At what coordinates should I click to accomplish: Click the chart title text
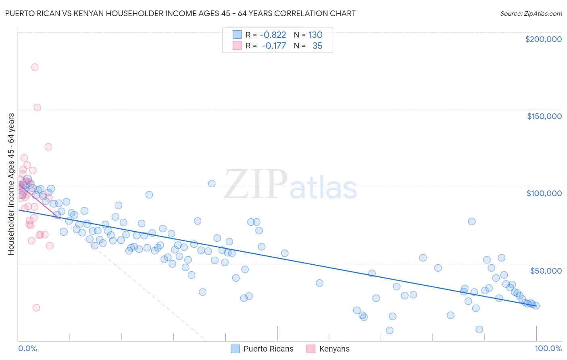(180, 13)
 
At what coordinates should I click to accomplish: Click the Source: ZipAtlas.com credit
(531, 14)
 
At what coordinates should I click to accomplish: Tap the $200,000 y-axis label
(543, 39)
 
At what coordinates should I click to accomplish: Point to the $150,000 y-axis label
(544, 116)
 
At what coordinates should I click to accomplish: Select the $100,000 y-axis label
(544, 193)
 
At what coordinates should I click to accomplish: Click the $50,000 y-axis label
(546, 270)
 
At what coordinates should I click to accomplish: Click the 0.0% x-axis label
(27, 348)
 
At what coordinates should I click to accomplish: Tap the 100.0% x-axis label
(548, 348)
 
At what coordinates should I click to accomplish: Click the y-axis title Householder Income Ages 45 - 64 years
(11, 184)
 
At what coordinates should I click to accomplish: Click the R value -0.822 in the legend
(273, 35)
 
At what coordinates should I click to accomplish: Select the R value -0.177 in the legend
(273, 46)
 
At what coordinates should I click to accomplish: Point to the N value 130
(315, 35)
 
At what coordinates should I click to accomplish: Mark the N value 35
(317, 46)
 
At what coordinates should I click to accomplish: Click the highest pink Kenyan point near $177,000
(35, 67)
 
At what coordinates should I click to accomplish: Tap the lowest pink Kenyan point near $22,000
(36, 308)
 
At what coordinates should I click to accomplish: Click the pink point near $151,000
(37, 107)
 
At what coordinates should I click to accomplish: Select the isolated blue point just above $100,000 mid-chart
(212, 184)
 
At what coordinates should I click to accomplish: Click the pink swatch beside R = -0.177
(237, 46)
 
